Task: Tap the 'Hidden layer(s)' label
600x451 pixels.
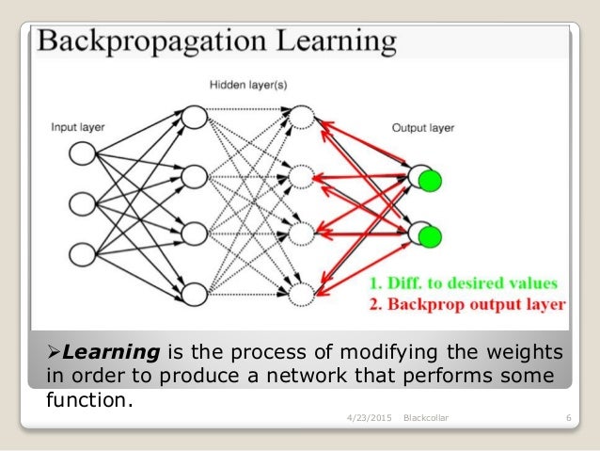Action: click(247, 87)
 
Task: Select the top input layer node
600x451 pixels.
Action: click(82, 153)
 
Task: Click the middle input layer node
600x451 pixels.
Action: click(82, 203)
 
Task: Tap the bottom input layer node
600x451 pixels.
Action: click(82, 254)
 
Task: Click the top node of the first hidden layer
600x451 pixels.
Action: click(193, 117)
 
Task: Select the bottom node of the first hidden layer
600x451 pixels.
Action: click(193, 295)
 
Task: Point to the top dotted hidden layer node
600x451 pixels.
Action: click(302, 117)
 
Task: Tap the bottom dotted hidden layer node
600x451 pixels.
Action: click(302, 295)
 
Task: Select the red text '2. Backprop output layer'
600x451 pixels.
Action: click(466, 304)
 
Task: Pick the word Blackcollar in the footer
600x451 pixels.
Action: click(425, 417)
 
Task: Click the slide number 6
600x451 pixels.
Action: click(569, 417)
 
